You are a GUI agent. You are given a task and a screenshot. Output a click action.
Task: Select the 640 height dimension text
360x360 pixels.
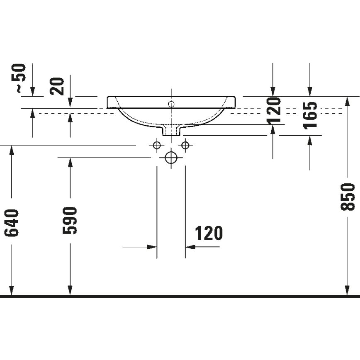click(x=12, y=223)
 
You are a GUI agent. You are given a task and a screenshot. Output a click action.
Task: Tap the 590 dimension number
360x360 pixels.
click(x=70, y=220)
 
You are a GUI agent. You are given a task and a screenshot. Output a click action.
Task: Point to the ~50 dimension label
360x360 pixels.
click(x=19, y=78)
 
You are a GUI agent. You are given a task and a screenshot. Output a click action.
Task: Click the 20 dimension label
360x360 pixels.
click(x=58, y=85)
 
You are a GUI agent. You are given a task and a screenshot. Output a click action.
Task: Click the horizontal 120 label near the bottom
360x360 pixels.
click(x=208, y=234)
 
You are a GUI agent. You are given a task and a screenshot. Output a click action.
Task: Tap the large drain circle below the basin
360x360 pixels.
click(x=171, y=157)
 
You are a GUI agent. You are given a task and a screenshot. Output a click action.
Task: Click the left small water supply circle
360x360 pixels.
click(x=157, y=145)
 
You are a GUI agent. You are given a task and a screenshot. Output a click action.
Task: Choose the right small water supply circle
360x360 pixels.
click(x=185, y=145)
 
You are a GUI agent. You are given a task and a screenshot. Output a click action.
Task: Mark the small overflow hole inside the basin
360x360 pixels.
click(x=171, y=104)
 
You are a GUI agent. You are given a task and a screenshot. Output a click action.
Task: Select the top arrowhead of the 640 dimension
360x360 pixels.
click(x=12, y=150)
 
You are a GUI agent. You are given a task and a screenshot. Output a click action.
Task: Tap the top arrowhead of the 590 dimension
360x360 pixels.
click(x=70, y=162)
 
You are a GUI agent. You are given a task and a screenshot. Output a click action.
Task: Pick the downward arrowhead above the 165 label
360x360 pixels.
click(x=309, y=92)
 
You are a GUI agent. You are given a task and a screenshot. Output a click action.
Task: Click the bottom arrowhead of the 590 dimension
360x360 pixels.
click(x=70, y=291)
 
